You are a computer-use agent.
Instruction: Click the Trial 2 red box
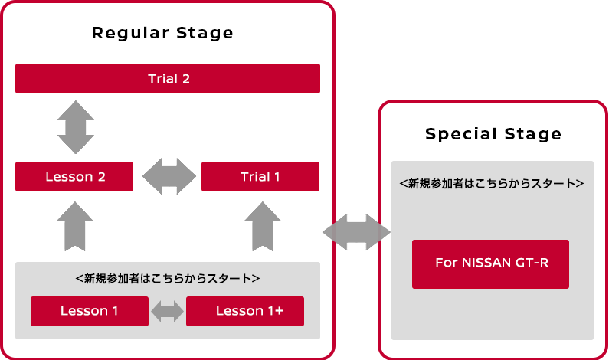pyautogui.click(x=168, y=78)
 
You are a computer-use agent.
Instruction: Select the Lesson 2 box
pyautogui.click(x=74, y=177)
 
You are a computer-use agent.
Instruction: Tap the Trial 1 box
pyautogui.click(x=260, y=177)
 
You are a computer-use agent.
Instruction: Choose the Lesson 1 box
pyautogui.click(x=90, y=311)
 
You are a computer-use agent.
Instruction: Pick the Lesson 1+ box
pyautogui.click(x=245, y=311)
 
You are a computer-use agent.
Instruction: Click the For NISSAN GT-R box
pyautogui.click(x=490, y=264)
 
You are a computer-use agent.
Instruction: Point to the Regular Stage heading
pyautogui.click(x=162, y=33)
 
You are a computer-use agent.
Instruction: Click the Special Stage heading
pyautogui.click(x=493, y=134)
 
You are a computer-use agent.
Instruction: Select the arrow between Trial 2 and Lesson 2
pyautogui.click(x=76, y=127)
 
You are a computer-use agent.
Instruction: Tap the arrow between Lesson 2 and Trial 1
pyautogui.click(x=169, y=176)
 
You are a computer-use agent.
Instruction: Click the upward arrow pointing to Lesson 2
pyautogui.click(x=75, y=227)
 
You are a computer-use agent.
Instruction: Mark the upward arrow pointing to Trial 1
pyautogui.click(x=263, y=227)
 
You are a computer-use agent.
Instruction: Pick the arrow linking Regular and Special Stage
pyautogui.click(x=356, y=232)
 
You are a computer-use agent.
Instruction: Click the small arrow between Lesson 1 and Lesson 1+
pyautogui.click(x=168, y=311)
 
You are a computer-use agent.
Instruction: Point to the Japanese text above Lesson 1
pyautogui.click(x=168, y=279)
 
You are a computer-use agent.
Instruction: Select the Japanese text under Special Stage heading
pyautogui.click(x=492, y=183)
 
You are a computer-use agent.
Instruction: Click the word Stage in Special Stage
pyautogui.click(x=533, y=134)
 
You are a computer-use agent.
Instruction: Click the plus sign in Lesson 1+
pyautogui.click(x=280, y=311)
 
